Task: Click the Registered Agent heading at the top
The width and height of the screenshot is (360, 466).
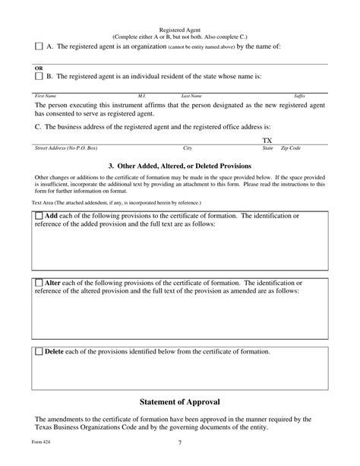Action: coord(179,28)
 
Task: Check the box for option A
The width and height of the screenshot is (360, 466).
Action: coord(39,46)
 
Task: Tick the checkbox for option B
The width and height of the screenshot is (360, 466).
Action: coord(39,76)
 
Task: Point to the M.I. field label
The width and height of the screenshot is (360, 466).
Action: coord(141,96)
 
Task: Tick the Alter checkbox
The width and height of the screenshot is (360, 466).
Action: coord(39,283)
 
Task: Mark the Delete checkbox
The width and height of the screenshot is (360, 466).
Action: coord(39,352)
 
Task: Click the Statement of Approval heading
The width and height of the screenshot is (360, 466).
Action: coord(180,400)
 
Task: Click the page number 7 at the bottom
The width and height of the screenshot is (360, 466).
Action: coord(179,443)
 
